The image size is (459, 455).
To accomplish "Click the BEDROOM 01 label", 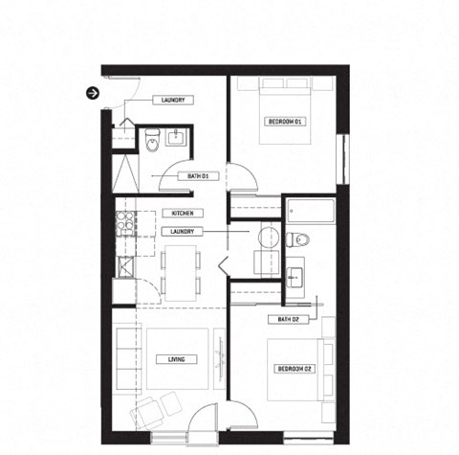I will [x=284, y=122].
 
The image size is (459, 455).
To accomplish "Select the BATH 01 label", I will [x=199, y=175].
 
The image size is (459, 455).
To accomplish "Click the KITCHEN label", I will [x=183, y=213].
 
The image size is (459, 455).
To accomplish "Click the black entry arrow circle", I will [x=93, y=93].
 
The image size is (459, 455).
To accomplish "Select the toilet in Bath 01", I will [x=152, y=144].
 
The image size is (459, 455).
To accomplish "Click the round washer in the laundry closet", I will [x=266, y=237].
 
